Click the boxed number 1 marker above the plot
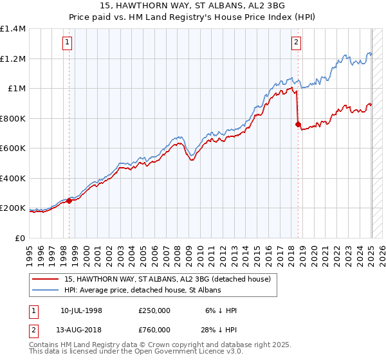68,43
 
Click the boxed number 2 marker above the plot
296,43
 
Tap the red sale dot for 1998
69,201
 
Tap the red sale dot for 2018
298,124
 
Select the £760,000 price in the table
154,329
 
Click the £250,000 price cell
154,310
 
